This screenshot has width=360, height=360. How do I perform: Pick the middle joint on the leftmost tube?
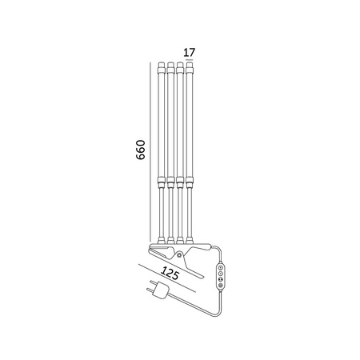click(x=161, y=182)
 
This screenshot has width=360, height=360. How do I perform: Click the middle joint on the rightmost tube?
click(x=190, y=182)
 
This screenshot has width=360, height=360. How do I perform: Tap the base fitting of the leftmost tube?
click(x=161, y=238)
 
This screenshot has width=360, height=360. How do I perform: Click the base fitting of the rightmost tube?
click(x=190, y=238)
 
